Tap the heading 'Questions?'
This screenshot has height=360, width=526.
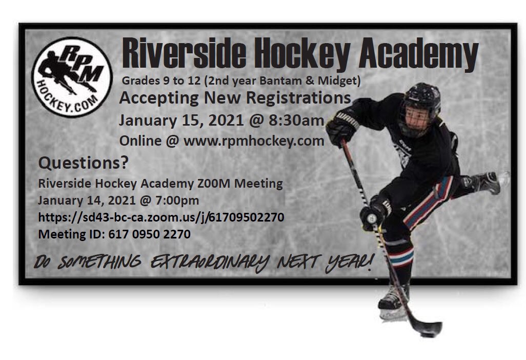coord(84,164)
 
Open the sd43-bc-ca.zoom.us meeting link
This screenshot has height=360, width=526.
coord(161,217)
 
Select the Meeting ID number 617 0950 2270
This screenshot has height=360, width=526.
coord(148,234)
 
